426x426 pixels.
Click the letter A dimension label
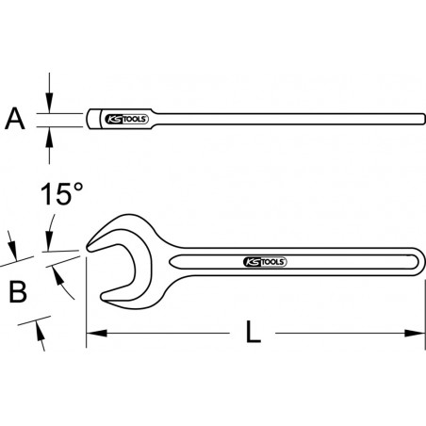pos(13,119)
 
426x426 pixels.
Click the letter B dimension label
pos(16,291)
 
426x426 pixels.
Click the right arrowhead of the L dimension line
pos(415,332)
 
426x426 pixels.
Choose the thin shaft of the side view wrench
pos(283,120)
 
